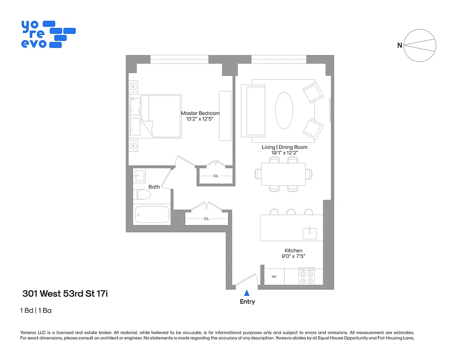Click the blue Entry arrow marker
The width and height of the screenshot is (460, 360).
(246, 292)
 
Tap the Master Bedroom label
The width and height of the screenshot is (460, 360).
(200, 113)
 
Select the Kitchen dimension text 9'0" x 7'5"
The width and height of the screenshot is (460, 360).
(293, 257)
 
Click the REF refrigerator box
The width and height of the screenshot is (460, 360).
(274, 277)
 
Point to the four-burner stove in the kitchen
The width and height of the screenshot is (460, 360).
(307, 276)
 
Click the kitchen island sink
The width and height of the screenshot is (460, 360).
(309, 233)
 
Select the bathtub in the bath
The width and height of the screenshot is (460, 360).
(152, 214)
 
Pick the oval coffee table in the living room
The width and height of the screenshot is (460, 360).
(284, 110)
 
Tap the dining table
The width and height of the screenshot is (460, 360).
(283, 174)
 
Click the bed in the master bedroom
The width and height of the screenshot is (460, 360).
(155, 116)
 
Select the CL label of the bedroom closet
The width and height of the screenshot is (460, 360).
(216, 176)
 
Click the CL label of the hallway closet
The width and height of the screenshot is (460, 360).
(206, 219)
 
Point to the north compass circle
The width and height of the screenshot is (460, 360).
(420, 45)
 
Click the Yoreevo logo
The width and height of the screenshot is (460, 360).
(48, 34)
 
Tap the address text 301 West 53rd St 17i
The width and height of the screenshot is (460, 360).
(65, 294)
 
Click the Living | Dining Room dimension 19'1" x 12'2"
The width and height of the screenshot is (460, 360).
(285, 153)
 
